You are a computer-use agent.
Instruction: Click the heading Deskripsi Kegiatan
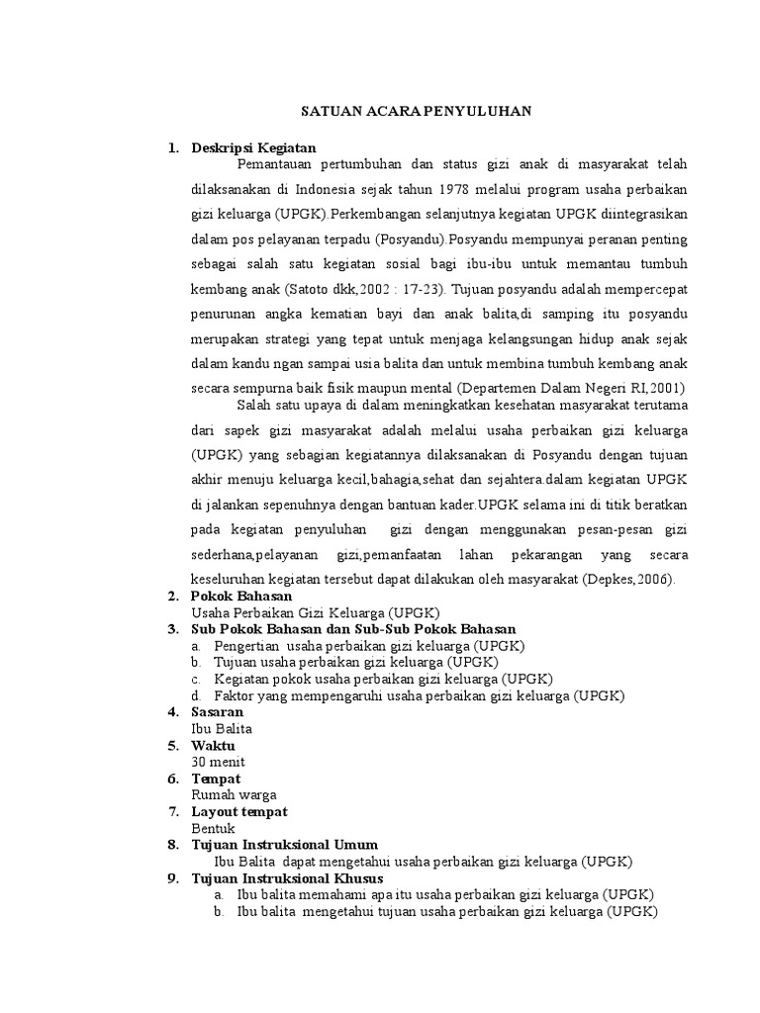tap(252, 148)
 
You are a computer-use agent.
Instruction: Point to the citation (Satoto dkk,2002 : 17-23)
tap(364, 292)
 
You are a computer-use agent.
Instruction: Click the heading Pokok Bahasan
tap(241, 597)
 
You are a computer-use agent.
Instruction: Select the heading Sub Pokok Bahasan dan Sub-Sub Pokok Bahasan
tap(353, 629)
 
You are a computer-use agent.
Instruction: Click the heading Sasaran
tap(217, 712)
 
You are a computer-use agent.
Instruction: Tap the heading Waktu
tap(214, 745)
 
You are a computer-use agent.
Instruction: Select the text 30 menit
tap(218, 762)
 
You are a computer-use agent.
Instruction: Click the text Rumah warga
tap(234, 794)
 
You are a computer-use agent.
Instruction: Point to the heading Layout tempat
tap(239, 811)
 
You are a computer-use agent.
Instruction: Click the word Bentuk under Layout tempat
tap(214, 828)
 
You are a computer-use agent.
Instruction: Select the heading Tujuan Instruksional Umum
tap(285, 845)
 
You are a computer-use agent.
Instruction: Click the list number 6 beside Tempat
tap(172, 779)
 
